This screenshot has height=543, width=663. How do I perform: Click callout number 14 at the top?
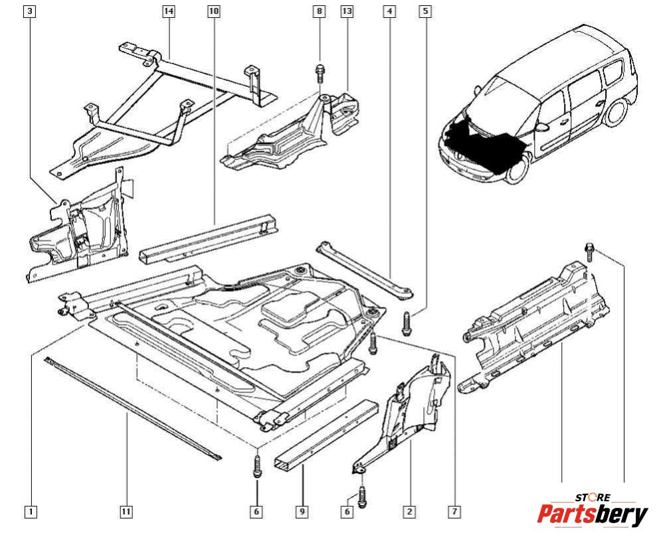pyautogui.click(x=169, y=11)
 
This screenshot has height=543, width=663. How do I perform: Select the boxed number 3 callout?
pyautogui.click(x=30, y=11)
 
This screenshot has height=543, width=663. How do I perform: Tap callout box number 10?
pyautogui.click(x=213, y=11)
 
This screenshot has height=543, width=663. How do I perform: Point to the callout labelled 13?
pyautogui.click(x=347, y=11)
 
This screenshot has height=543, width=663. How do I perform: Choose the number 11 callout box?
pyautogui.click(x=126, y=512)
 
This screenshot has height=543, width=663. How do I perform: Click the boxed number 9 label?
pyautogui.click(x=302, y=512)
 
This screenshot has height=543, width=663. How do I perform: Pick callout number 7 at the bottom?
pyautogui.click(x=454, y=512)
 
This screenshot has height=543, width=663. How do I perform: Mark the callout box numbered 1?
pyautogui.click(x=30, y=512)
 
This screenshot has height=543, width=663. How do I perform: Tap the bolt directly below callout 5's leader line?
pyautogui.click(x=405, y=323)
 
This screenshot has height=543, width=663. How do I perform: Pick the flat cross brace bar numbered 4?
pyautogui.click(x=365, y=268)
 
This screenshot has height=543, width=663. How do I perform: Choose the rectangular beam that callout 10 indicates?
pyautogui.click(x=209, y=238)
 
